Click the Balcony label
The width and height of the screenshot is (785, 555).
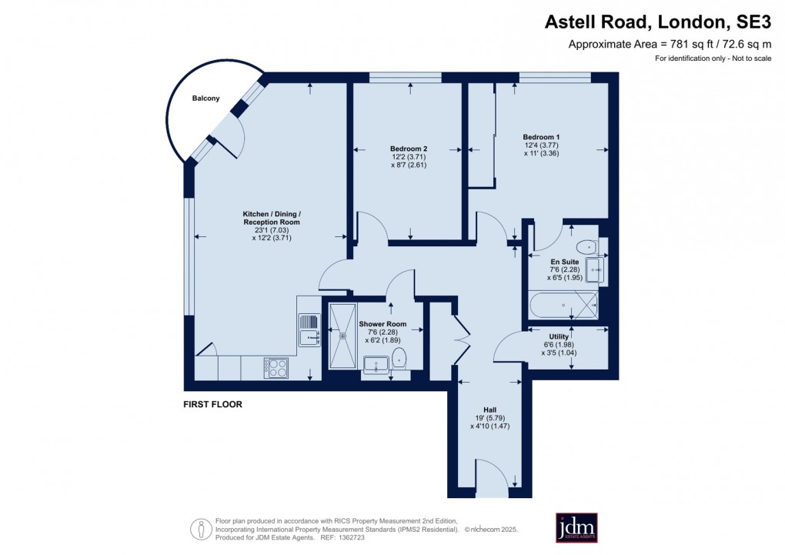205,99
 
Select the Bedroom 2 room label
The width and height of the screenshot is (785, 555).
408,149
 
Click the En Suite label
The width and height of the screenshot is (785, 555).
564,262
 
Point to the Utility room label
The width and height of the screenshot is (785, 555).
559,336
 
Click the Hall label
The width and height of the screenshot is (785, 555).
489,410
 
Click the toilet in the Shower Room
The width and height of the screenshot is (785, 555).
399,358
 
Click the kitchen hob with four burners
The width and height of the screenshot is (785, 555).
277,368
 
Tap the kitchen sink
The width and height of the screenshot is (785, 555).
309,329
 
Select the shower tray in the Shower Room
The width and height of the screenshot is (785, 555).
342,336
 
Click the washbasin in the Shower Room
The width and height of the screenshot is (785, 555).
376,364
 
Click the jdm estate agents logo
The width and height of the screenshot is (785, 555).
576,527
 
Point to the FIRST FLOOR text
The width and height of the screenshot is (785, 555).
212,404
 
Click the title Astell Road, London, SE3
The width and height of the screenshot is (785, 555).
657,23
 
